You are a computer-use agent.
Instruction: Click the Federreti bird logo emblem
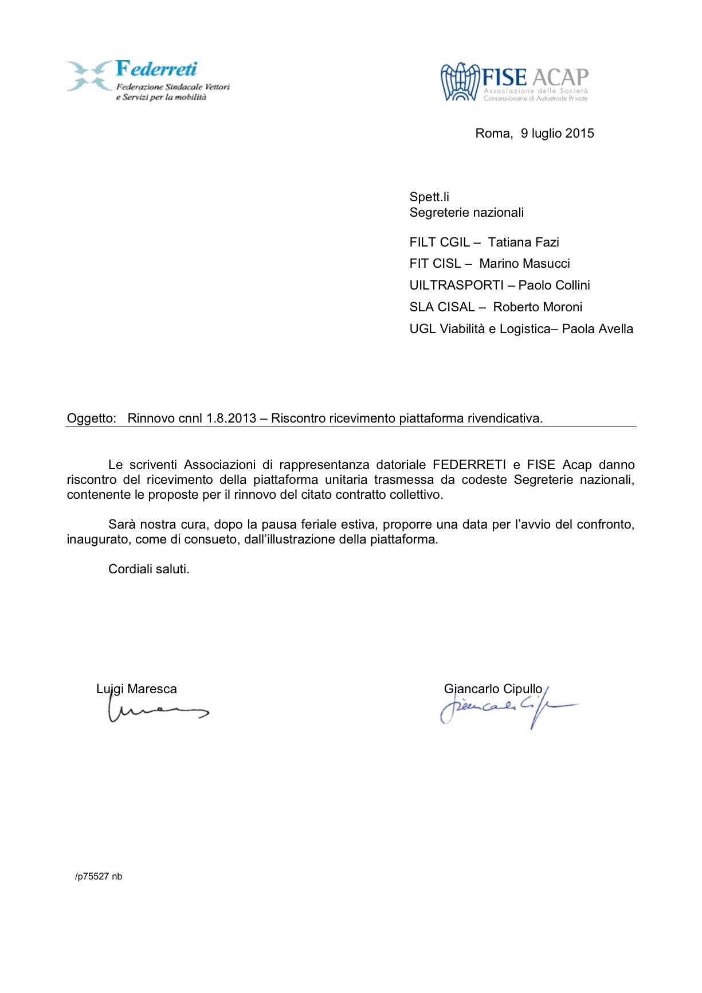coord(89,76)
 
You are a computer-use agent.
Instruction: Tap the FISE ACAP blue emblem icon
coord(460,82)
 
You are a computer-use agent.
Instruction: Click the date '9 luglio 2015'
coord(557,134)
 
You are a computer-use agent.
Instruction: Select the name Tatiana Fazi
coord(523,243)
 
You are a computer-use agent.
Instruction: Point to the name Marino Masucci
coord(524,264)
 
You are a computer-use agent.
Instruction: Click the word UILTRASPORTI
coord(456,286)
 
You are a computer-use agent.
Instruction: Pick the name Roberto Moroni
coord(538,307)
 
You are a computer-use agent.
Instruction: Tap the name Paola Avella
coord(597,329)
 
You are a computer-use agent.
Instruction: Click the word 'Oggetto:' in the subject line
coord(91,419)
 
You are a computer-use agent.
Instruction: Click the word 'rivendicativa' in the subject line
coord(504,419)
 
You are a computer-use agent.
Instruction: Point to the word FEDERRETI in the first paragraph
coord(469,465)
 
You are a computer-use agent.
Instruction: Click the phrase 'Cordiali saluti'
coord(148,569)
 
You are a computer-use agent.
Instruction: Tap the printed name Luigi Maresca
coord(136,689)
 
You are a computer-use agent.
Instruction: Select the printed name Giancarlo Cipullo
coord(493,689)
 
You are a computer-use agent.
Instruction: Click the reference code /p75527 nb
coord(99,877)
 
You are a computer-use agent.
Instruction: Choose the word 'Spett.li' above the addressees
coord(429,197)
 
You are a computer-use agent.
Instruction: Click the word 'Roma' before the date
coord(493,134)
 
